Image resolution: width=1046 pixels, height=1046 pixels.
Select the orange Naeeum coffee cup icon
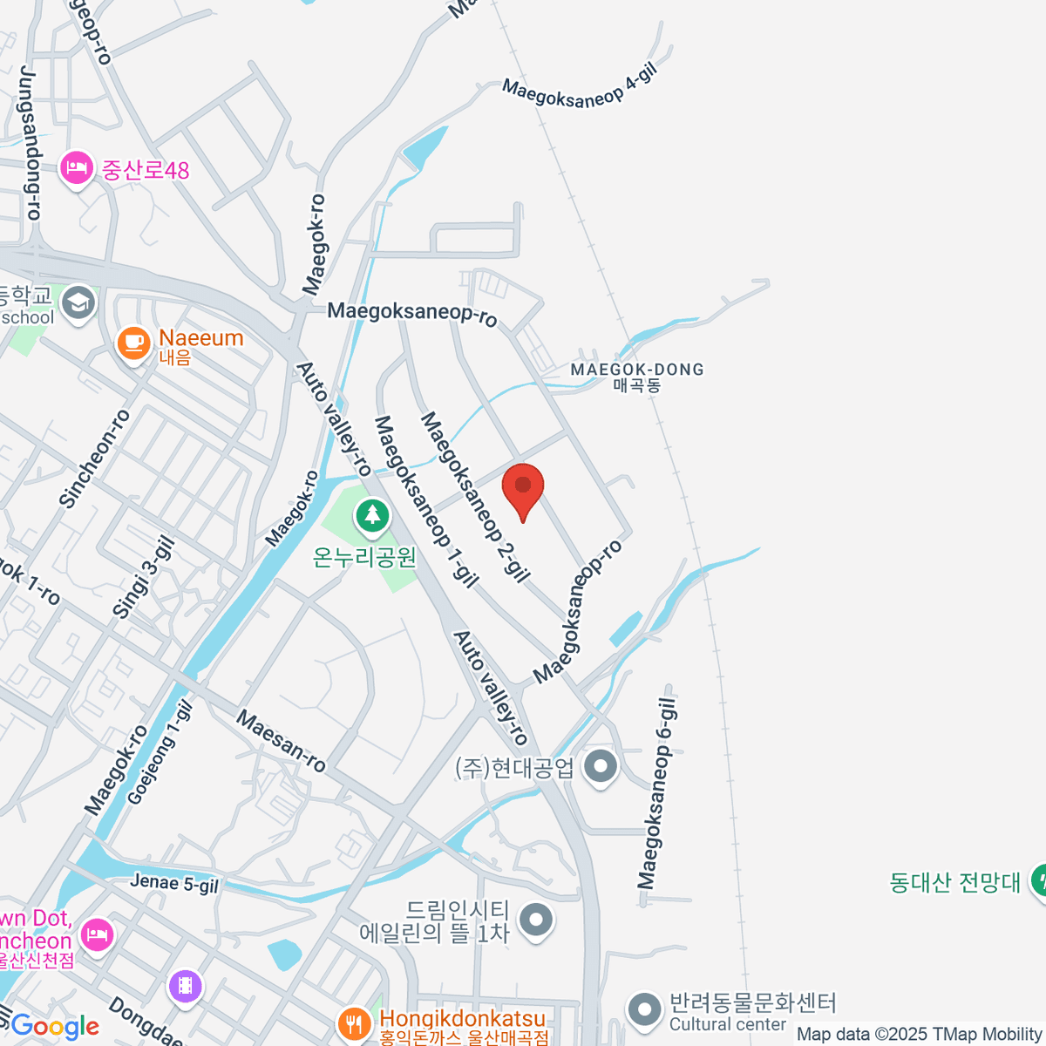[134, 343]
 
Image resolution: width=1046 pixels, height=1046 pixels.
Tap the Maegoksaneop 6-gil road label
[657, 793]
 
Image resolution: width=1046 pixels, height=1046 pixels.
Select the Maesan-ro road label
[282, 742]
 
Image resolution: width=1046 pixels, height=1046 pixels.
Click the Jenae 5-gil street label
[174, 883]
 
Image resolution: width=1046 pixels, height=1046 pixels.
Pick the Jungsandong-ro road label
[30, 144]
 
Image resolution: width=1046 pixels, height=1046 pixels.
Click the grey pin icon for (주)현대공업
[600, 767]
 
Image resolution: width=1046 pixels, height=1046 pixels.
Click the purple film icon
[185, 987]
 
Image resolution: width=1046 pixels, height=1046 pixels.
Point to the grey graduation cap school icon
[78, 303]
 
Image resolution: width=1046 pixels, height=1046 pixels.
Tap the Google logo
[55, 1026]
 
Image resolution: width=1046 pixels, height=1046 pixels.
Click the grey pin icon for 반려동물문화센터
[645, 1009]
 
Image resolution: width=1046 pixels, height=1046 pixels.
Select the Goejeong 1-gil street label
[160, 753]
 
